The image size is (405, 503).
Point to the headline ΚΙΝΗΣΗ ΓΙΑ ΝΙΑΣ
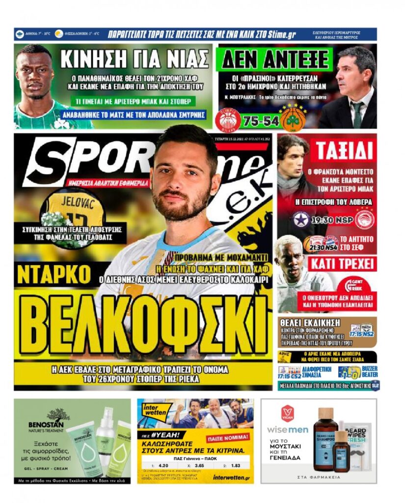[x=135, y=59]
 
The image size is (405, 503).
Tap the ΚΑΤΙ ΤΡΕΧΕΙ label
[x=342, y=264]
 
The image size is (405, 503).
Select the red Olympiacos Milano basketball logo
[x=228, y=119]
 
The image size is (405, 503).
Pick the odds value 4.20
[x=164, y=464]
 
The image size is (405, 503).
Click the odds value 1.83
[x=236, y=464]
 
